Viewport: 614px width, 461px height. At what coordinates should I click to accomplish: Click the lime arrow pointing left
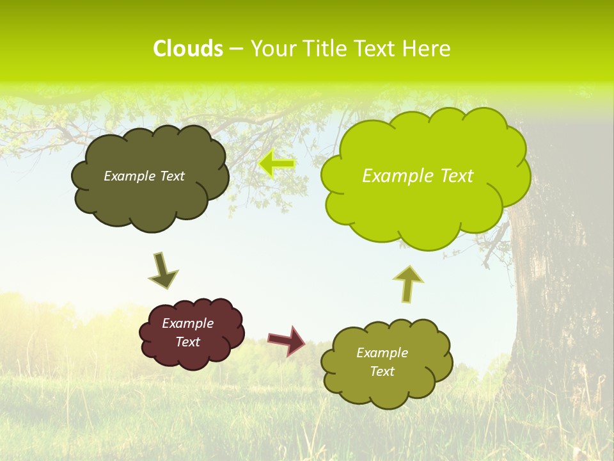point(277,164)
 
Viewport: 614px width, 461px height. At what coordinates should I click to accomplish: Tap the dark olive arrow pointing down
point(162,271)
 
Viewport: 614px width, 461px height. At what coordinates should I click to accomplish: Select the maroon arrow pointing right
point(287,340)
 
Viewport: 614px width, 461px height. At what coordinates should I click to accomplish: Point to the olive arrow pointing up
point(408,283)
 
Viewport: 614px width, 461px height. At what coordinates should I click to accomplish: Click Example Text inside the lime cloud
point(418,176)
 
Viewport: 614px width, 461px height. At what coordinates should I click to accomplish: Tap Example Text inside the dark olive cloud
point(144,176)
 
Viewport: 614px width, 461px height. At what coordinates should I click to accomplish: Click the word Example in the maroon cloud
point(188,323)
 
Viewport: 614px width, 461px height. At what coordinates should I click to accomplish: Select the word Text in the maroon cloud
point(188,342)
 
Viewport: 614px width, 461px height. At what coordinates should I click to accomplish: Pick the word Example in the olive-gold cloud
point(382,353)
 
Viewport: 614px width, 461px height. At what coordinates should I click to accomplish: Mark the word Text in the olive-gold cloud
point(382,371)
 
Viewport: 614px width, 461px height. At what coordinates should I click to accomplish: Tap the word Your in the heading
point(271,49)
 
